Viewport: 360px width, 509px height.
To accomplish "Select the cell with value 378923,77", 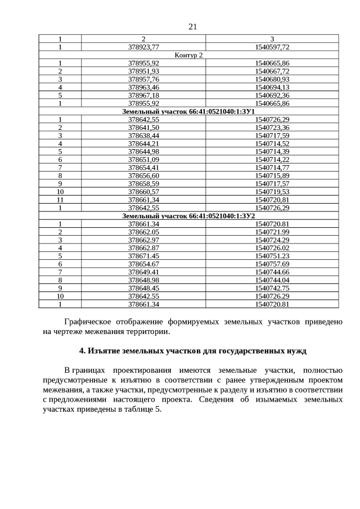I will [x=143, y=47].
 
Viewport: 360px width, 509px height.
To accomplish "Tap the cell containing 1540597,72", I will [x=272, y=47].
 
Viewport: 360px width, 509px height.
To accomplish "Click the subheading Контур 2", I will [x=188, y=55].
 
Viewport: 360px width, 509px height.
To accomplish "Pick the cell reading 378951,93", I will [x=143, y=71].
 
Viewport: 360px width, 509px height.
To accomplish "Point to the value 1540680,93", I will [x=272, y=79].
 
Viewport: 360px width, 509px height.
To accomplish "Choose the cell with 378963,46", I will [x=143, y=88].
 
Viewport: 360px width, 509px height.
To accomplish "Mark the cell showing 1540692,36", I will [x=272, y=96].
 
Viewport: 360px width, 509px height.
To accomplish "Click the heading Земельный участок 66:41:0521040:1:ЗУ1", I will [x=188, y=112].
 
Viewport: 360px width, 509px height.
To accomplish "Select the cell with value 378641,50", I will [x=143, y=128].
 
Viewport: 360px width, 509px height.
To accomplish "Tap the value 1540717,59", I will [x=272, y=136].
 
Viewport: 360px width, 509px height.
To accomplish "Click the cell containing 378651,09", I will [x=143, y=160].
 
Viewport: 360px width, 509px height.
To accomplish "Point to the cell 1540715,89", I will [x=272, y=177].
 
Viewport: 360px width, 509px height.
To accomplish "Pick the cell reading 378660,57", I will [x=143, y=192].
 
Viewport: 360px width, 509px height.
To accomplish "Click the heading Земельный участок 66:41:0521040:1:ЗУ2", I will [x=188, y=216].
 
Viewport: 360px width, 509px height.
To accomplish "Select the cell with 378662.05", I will [x=143, y=232].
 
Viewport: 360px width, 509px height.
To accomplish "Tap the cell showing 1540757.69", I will [x=272, y=264].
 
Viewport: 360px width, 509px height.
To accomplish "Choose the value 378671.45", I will [x=143, y=256].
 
